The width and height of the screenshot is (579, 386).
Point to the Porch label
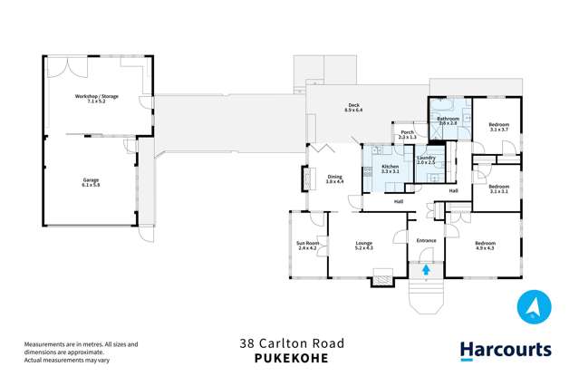click(x=407, y=133)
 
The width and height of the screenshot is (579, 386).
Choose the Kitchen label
click(x=390, y=169)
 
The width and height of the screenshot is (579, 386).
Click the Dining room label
click(x=334, y=179)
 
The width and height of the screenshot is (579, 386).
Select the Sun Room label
click(x=308, y=245)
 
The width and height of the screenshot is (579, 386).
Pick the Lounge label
click(x=364, y=245)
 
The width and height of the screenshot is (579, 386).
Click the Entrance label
click(x=426, y=240)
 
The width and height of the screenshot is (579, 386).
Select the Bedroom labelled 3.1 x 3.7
click(x=499, y=127)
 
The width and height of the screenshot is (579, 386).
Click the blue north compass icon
click(x=534, y=307)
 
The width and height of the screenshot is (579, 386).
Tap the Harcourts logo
click(x=505, y=350)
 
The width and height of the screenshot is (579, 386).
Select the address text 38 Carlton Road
click(x=289, y=343)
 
